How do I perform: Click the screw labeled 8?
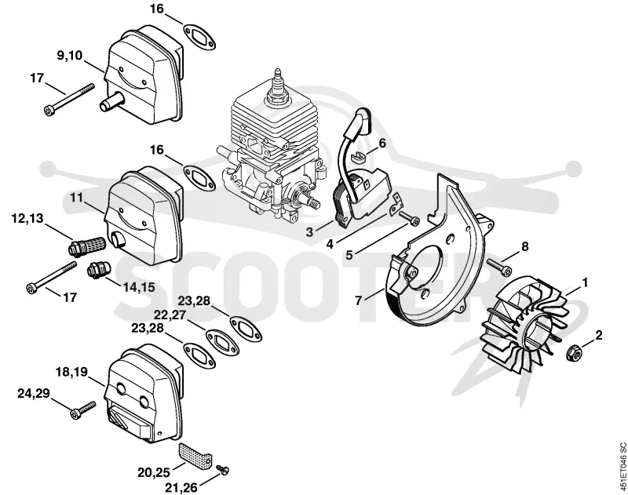point(499,267)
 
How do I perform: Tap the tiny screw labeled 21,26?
point(222,469)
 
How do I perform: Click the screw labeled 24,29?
point(83,410)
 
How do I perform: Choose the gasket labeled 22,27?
point(222,343)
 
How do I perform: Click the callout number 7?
point(359,300)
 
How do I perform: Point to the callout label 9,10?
point(69,55)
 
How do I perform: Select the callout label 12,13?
point(27,218)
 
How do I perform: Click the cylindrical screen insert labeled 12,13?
point(86,245)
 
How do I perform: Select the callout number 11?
point(76,197)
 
